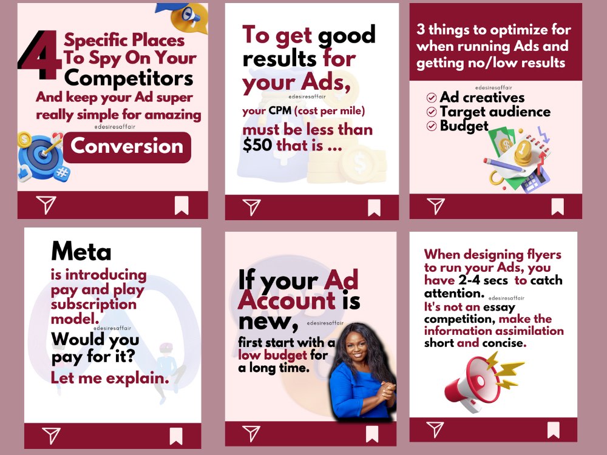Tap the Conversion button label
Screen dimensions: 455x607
(127, 146)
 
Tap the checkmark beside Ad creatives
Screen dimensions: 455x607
(432, 98)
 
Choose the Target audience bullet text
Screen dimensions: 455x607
(495, 112)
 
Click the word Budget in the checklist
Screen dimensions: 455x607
(464, 126)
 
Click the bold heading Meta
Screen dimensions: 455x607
(81, 251)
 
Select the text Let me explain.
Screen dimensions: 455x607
(110, 379)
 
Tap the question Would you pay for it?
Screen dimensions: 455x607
(95, 348)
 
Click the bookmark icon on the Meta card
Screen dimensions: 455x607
(176, 436)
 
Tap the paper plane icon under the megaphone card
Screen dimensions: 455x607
(435, 430)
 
